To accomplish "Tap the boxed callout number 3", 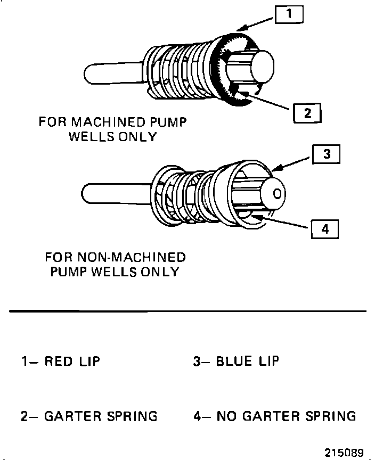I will [x=327, y=154].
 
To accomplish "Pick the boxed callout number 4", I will [x=324, y=229].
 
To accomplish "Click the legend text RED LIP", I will [x=72, y=362].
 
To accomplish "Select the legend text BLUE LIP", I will [x=247, y=362].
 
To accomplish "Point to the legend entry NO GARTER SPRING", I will [x=286, y=416].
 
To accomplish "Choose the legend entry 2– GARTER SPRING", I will [x=89, y=416].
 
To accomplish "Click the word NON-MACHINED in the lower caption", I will [x=133, y=258].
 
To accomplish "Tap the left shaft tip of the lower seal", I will [x=86, y=192].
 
